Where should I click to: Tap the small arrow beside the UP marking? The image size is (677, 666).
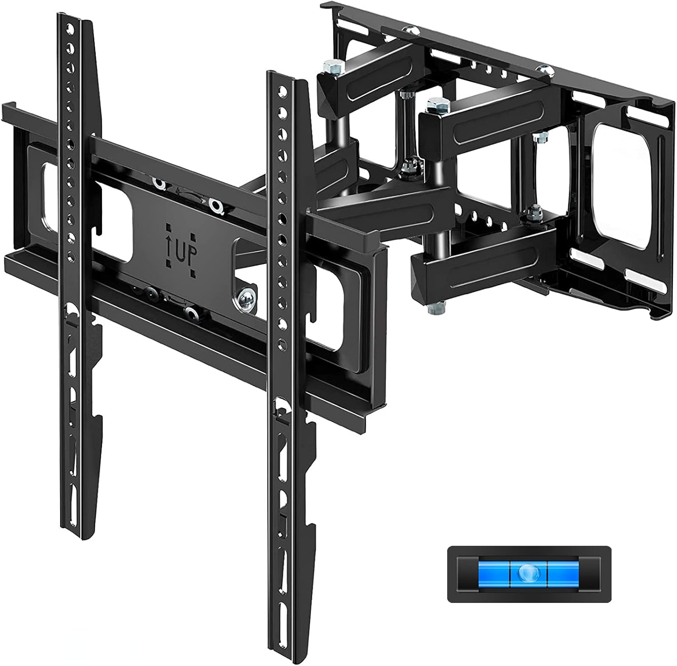pyautogui.click(x=171, y=247)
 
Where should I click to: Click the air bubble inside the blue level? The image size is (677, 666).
pyautogui.click(x=529, y=573)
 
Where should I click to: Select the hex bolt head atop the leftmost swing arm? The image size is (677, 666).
pyautogui.click(x=326, y=69)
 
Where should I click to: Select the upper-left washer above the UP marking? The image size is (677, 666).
pyautogui.click(x=159, y=183)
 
